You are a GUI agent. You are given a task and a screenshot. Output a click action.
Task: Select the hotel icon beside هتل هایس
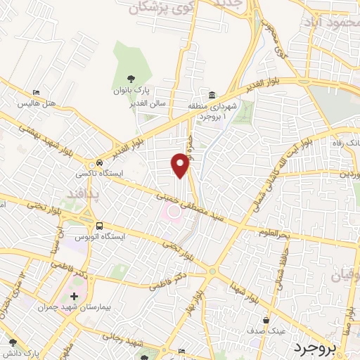37,93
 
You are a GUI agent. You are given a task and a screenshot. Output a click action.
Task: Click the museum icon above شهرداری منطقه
209,95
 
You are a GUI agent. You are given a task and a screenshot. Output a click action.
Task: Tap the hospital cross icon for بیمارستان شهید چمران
74,297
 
